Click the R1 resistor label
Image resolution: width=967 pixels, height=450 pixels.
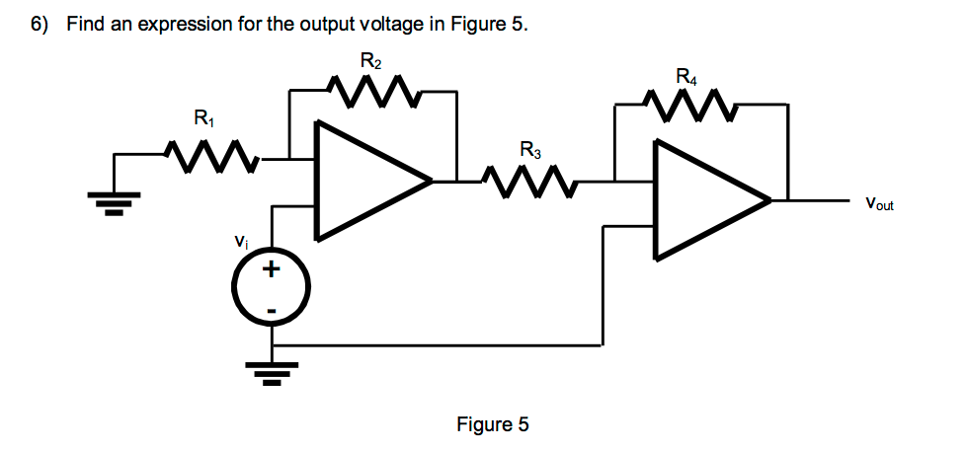pyautogui.click(x=203, y=121)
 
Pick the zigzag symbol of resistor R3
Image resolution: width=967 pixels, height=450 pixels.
pyautogui.click(x=530, y=182)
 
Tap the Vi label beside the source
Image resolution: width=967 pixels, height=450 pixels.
pyautogui.click(x=239, y=240)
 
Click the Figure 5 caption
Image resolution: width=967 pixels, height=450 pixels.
pyautogui.click(x=493, y=425)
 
